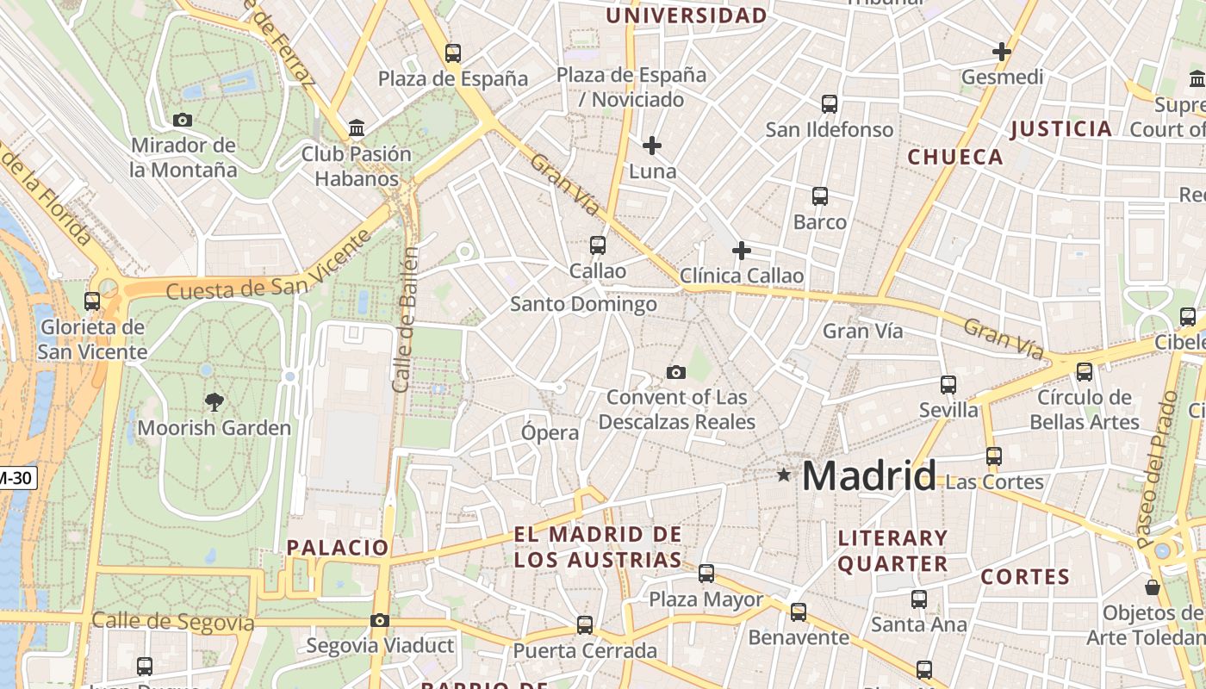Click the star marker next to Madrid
(783, 475)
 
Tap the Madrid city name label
(869, 476)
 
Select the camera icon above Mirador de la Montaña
(183, 120)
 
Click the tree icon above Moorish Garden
(214, 400)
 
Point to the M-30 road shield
(17, 477)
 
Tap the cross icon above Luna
(652, 146)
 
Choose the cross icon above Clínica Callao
(741, 251)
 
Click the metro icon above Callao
(598, 245)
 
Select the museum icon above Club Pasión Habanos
(357, 129)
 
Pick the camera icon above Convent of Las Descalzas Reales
(676, 372)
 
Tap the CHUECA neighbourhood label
(955, 157)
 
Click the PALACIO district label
(338, 547)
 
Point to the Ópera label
(550, 432)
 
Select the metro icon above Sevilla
(948, 384)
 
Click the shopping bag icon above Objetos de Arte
(1153, 587)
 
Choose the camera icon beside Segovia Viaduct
(380, 620)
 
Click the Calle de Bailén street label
(405, 320)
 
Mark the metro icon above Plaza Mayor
(706, 573)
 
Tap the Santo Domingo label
(583, 304)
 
